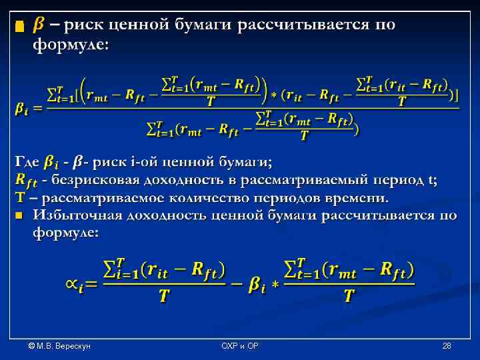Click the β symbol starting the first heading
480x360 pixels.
pyautogui.click(x=39, y=25)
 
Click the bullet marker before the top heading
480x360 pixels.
pyautogui.click(x=19, y=27)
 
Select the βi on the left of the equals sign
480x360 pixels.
pyautogui.click(x=23, y=109)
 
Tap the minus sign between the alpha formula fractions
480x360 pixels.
pyautogui.click(x=235, y=284)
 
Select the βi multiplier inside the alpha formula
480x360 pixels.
pyautogui.click(x=257, y=285)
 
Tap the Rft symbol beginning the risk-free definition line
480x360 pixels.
pyautogui.click(x=26, y=180)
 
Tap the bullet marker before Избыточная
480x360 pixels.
pyautogui.click(x=19, y=215)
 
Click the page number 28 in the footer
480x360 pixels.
pyautogui.click(x=447, y=347)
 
